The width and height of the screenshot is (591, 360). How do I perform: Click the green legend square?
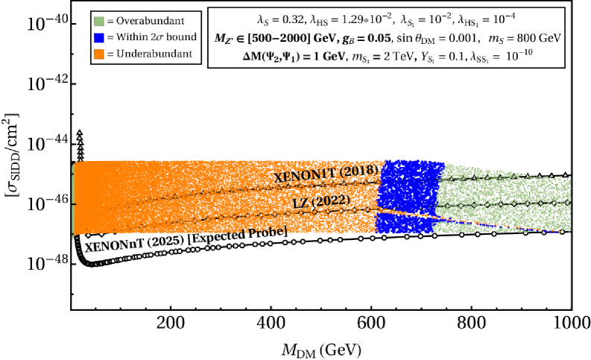(x=99, y=22)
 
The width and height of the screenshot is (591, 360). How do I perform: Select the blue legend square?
(x=99, y=38)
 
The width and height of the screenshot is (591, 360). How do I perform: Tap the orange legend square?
(x=99, y=54)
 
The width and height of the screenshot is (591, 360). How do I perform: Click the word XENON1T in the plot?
(x=304, y=175)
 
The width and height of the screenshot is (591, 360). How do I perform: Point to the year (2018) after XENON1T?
(x=359, y=170)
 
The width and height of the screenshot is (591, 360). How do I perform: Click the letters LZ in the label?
(x=300, y=203)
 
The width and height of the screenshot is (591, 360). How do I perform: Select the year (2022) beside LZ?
(x=330, y=200)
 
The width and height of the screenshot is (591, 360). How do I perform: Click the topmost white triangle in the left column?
(x=80, y=133)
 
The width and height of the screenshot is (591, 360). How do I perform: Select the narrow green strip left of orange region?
(x=73, y=198)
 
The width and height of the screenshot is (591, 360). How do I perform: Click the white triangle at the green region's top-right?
(x=565, y=176)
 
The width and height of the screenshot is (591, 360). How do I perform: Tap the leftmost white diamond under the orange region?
(x=89, y=236)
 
